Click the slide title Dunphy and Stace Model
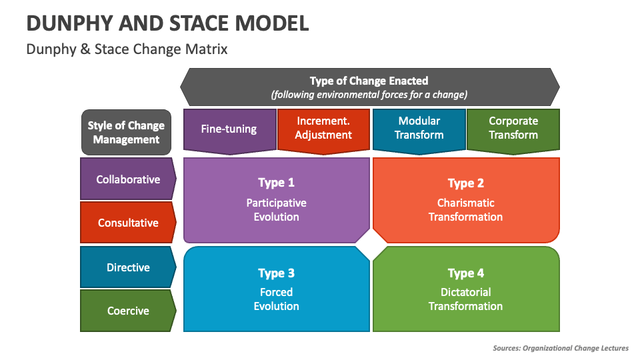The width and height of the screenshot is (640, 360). coord(167,23)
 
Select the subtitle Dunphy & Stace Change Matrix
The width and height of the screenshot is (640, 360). coord(127,49)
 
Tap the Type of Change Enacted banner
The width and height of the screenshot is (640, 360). coord(369,87)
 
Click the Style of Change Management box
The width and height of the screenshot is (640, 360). coord(126,132)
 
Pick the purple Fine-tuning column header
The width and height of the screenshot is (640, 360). coord(229,129)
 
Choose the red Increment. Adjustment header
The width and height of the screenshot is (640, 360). coord(323,128)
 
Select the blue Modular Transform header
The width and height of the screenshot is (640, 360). coord(419,128)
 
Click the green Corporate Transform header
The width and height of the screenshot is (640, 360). coord(513,128)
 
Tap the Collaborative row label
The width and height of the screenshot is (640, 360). coord(128,179)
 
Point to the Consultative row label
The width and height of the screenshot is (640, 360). coord(128,223)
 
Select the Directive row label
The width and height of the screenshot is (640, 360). coord(128,267)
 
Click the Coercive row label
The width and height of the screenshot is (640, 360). coord(128,311)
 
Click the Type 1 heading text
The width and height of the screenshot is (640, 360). coord(276,183)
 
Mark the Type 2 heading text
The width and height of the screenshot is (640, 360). coord(465,183)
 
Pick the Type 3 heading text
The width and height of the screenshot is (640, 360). coord(276,273)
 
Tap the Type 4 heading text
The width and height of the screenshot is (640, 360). coord(465,273)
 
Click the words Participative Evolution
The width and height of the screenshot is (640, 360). coord(276,210)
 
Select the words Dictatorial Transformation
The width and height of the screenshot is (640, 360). coord(465,299)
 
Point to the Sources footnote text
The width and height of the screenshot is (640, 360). coord(560,348)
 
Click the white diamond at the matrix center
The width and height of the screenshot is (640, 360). coord(371,245)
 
